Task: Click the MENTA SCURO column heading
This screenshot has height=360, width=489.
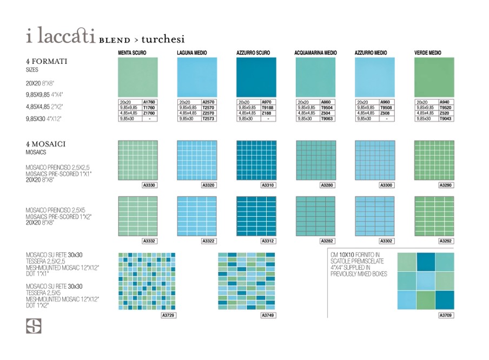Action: (x=132, y=53)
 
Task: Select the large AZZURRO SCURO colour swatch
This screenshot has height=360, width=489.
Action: (x=255, y=77)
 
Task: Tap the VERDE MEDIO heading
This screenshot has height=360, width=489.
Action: (x=427, y=53)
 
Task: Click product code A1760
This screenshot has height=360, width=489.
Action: (x=149, y=102)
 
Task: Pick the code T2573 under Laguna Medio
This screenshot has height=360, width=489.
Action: (x=208, y=119)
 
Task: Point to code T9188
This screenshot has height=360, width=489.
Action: (x=267, y=108)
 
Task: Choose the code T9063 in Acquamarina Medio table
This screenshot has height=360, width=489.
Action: (x=327, y=119)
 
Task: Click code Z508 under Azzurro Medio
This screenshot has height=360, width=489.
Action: (x=386, y=113)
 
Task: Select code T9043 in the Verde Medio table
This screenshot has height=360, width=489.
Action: (x=445, y=119)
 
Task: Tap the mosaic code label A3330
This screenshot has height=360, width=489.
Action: (x=149, y=185)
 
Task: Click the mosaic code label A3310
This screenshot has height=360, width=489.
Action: (x=267, y=185)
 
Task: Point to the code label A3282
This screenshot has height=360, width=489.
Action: (x=327, y=241)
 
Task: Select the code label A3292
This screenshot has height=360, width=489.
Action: (x=445, y=241)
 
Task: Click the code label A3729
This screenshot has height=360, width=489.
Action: (x=169, y=315)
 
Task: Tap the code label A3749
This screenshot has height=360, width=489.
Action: (x=267, y=315)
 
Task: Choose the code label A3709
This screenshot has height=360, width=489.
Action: (x=445, y=315)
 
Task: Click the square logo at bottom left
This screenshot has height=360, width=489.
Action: (x=34, y=326)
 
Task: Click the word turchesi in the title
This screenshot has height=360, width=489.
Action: (x=163, y=39)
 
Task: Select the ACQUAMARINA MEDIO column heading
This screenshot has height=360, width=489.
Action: (x=315, y=53)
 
